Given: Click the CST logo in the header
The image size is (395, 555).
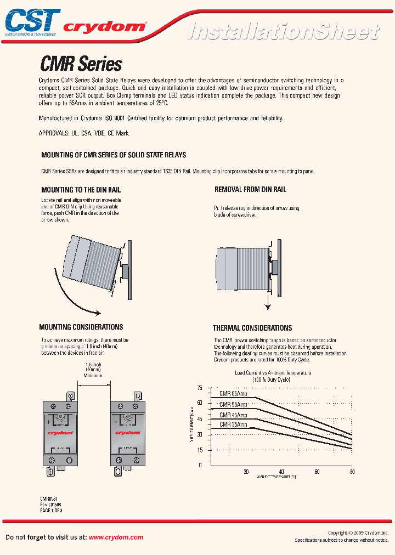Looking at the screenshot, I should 32,21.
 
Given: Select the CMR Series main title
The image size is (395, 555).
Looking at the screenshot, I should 81,64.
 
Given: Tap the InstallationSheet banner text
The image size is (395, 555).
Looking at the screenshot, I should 283,31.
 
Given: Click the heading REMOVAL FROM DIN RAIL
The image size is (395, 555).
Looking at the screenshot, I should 250,190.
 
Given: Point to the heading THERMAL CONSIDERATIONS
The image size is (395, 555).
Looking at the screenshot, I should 252,328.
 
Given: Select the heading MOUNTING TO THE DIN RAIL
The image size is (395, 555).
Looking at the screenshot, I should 81,190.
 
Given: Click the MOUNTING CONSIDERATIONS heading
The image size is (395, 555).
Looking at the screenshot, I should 81,327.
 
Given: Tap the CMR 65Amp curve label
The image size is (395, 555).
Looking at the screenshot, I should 233,393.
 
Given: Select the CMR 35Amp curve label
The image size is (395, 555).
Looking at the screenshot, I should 233,424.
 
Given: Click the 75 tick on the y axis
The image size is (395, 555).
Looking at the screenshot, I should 200,388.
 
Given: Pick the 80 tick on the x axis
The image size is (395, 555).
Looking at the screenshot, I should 352,472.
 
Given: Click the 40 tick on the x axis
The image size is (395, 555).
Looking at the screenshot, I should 281,472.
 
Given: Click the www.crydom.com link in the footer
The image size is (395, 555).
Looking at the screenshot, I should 116,537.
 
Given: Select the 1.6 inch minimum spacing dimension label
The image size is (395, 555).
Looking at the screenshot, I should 94,370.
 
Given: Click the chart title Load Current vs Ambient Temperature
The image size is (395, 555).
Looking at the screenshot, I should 273,372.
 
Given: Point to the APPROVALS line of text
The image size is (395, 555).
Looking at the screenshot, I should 84,133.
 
